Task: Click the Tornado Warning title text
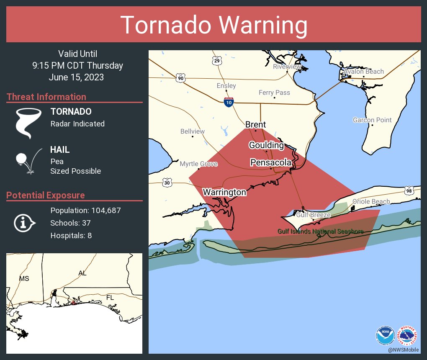[x=213, y=25]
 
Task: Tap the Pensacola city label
[x=270, y=162]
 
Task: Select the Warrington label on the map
[x=224, y=192]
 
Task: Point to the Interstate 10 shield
[x=228, y=102]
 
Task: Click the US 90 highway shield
[x=180, y=78]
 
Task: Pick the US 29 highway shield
[x=216, y=61]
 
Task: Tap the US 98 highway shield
[x=409, y=191]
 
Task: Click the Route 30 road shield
[x=167, y=183]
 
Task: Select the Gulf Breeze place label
[x=313, y=215]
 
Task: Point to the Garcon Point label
[x=372, y=120]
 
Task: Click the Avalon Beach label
[x=363, y=72]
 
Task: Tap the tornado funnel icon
[x=28, y=123]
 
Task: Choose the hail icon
[x=28, y=161]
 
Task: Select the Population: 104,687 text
[x=85, y=210]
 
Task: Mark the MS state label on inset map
[x=24, y=278]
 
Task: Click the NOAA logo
[x=385, y=335]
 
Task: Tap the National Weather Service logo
[x=407, y=335]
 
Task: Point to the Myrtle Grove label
[x=198, y=164]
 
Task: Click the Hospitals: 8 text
[x=71, y=235]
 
